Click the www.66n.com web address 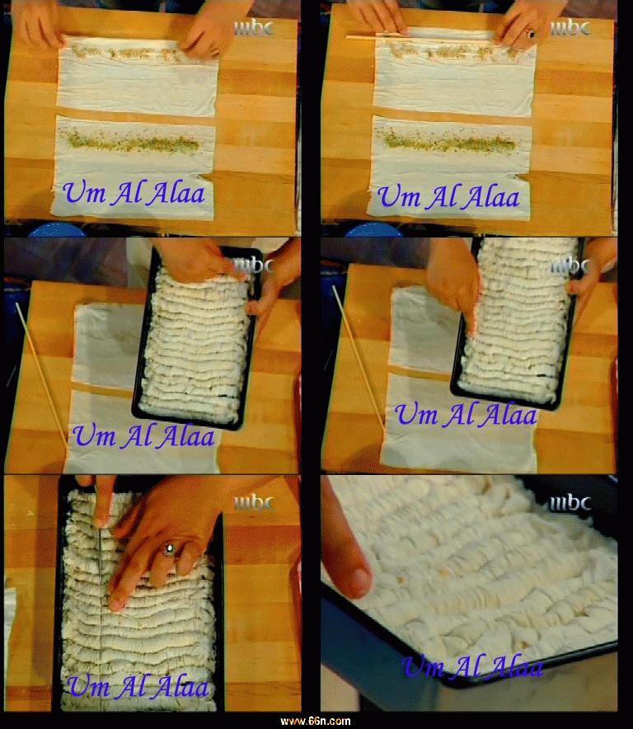315,721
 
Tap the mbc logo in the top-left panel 254,28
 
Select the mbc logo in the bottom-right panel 570,503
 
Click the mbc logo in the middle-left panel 254,266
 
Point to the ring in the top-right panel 530,33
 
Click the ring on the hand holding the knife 169,550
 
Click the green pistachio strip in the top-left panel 133,142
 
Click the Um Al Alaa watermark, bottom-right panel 472,667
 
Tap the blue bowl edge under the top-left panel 57,230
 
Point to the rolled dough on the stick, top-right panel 448,34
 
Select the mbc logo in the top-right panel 570,28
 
